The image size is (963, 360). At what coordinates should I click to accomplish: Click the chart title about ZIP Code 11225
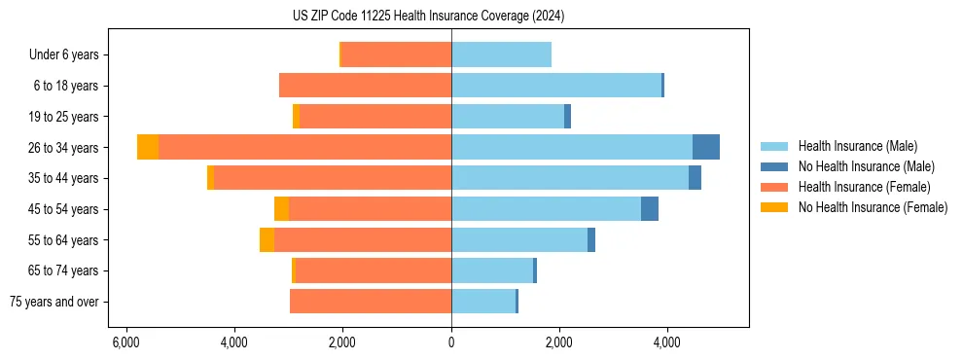point(428,17)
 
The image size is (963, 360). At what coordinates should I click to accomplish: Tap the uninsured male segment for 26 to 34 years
point(705,147)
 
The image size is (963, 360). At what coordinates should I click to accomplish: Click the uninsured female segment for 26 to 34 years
point(148,147)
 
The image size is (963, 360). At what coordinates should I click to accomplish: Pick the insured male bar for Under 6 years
point(501,54)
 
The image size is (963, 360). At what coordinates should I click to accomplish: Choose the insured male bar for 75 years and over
point(482,302)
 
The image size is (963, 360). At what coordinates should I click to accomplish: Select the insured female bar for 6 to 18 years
point(365,86)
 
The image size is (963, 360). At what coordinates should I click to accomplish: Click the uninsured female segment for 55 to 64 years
point(267,239)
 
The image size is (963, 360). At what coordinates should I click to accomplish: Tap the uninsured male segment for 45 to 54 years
point(649,209)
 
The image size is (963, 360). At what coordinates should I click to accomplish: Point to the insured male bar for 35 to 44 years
point(569,178)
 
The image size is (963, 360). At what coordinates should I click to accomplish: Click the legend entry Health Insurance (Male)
point(857,146)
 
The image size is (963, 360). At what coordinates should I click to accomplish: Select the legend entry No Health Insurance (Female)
point(873,207)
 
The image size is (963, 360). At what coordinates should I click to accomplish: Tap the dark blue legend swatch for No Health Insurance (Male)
point(774,166)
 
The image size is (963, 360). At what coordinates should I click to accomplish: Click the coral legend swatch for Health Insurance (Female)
point(774,187)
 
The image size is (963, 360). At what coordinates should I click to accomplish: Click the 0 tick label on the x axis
point(451,342)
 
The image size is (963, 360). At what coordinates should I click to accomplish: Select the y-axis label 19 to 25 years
point(64,117)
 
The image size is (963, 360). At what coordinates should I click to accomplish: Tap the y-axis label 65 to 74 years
point(64,270)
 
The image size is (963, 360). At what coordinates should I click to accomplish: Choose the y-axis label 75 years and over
point(54,302)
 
